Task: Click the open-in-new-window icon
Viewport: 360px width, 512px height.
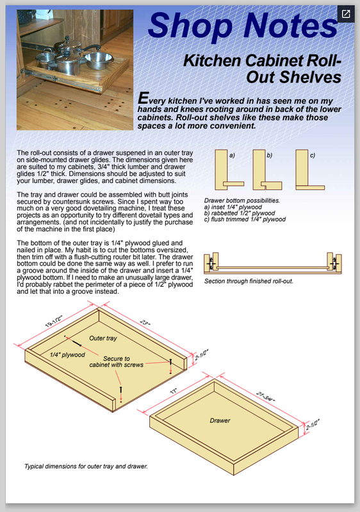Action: (x=346, y=14)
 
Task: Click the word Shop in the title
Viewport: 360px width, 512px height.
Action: (x=190, y=26)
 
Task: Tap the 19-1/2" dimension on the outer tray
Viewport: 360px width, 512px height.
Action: (x=54, y=321)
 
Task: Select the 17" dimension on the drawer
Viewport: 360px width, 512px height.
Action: (x=174, y=390)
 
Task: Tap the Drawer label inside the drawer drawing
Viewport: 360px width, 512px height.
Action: (x=220, y=420)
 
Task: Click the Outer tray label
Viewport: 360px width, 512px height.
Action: (x=103, y=339)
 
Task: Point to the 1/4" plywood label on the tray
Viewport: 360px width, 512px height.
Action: (x=67, y=355)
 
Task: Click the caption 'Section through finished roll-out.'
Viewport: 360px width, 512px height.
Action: (x=249, y=281)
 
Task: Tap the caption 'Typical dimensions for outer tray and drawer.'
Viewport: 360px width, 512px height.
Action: (x=86, y=467)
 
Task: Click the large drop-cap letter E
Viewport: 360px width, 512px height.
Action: (x=143, y=98)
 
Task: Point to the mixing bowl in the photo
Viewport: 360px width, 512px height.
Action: (x=99, y=60)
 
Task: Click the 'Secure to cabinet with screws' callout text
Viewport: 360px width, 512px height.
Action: (x=117, y=362)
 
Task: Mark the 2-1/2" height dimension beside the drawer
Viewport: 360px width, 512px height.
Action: (x=313, y=424)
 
